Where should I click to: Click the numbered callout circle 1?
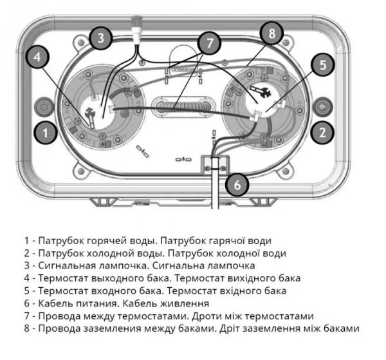tap(44, 133)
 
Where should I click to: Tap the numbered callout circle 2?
tap(322, 133)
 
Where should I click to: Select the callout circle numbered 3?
tap(100, 38)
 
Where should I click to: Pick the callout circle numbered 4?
tap(38, 57)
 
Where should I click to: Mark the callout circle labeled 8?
tap(271, 33)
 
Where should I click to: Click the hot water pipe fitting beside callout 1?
tap(46, 106)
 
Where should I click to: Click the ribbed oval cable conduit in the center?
tap(183, 106)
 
